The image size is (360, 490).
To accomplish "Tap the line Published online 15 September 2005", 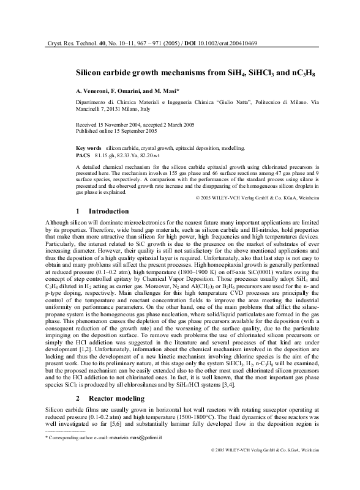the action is (116, 130).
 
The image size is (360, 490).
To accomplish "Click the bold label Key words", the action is (89, 148).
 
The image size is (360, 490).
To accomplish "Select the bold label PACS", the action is (83, 156).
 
